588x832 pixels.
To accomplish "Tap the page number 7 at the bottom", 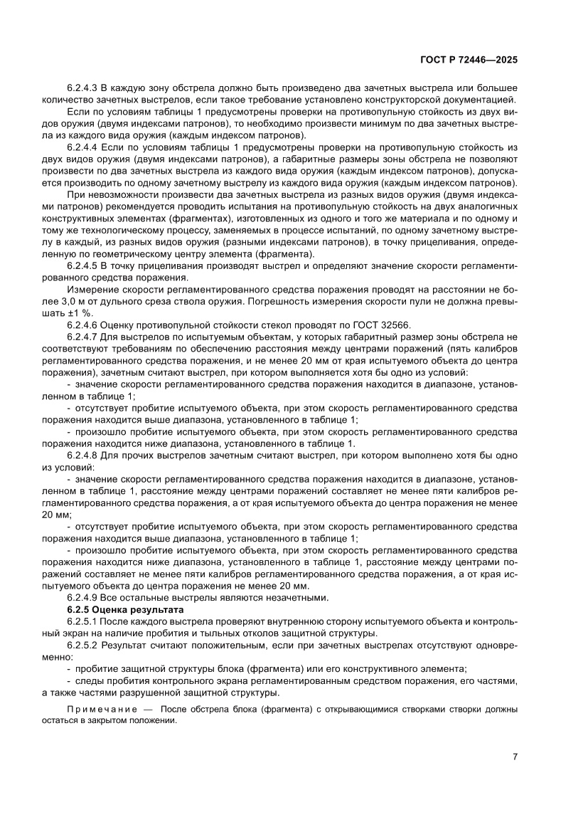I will (514, 757).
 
